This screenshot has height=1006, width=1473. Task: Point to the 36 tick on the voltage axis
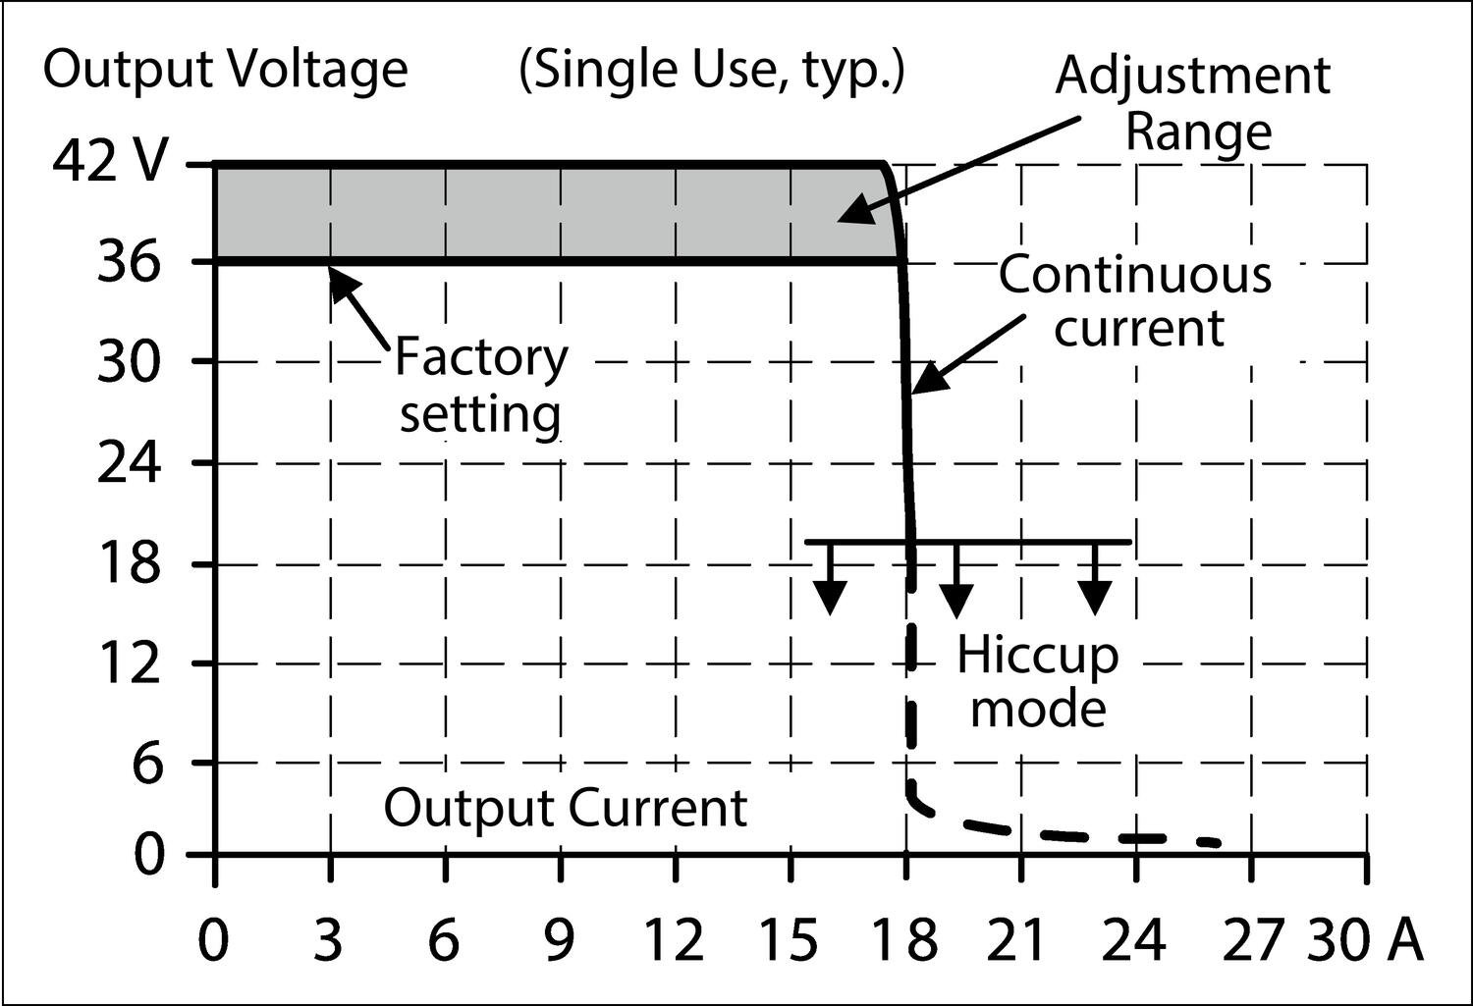click(128, 262)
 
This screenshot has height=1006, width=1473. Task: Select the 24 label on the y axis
click(128, 462)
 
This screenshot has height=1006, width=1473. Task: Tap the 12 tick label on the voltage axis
click(128, 663)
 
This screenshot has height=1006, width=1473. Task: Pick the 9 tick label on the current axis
click(559, 940)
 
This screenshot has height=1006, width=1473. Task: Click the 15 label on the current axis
click(789, 940)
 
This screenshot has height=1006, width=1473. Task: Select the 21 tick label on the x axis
click(1018, 940)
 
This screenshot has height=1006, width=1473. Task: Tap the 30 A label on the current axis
click(1365, 940)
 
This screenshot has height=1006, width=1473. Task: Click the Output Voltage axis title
click(225, 71)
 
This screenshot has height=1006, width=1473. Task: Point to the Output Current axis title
click(565, 808)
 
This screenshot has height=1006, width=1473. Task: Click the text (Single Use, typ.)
click(711, 71)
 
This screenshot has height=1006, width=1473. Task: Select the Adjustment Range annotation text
click(1194, 103)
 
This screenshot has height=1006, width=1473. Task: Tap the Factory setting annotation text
click(480, 386)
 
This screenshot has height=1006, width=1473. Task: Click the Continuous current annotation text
click(1136, 301)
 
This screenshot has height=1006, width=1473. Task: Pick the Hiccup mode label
click(1038, 680)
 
